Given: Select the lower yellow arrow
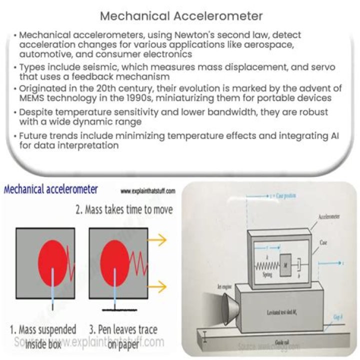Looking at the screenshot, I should click(159, 286).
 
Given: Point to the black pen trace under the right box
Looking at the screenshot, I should click(116, 311).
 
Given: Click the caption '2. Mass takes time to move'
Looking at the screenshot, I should click(124, 209).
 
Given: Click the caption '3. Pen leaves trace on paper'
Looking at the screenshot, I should click(125, 335).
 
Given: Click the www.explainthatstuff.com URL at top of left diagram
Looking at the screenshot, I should click(148, 191).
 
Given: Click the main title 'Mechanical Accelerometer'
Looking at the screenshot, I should click(181, 15).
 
